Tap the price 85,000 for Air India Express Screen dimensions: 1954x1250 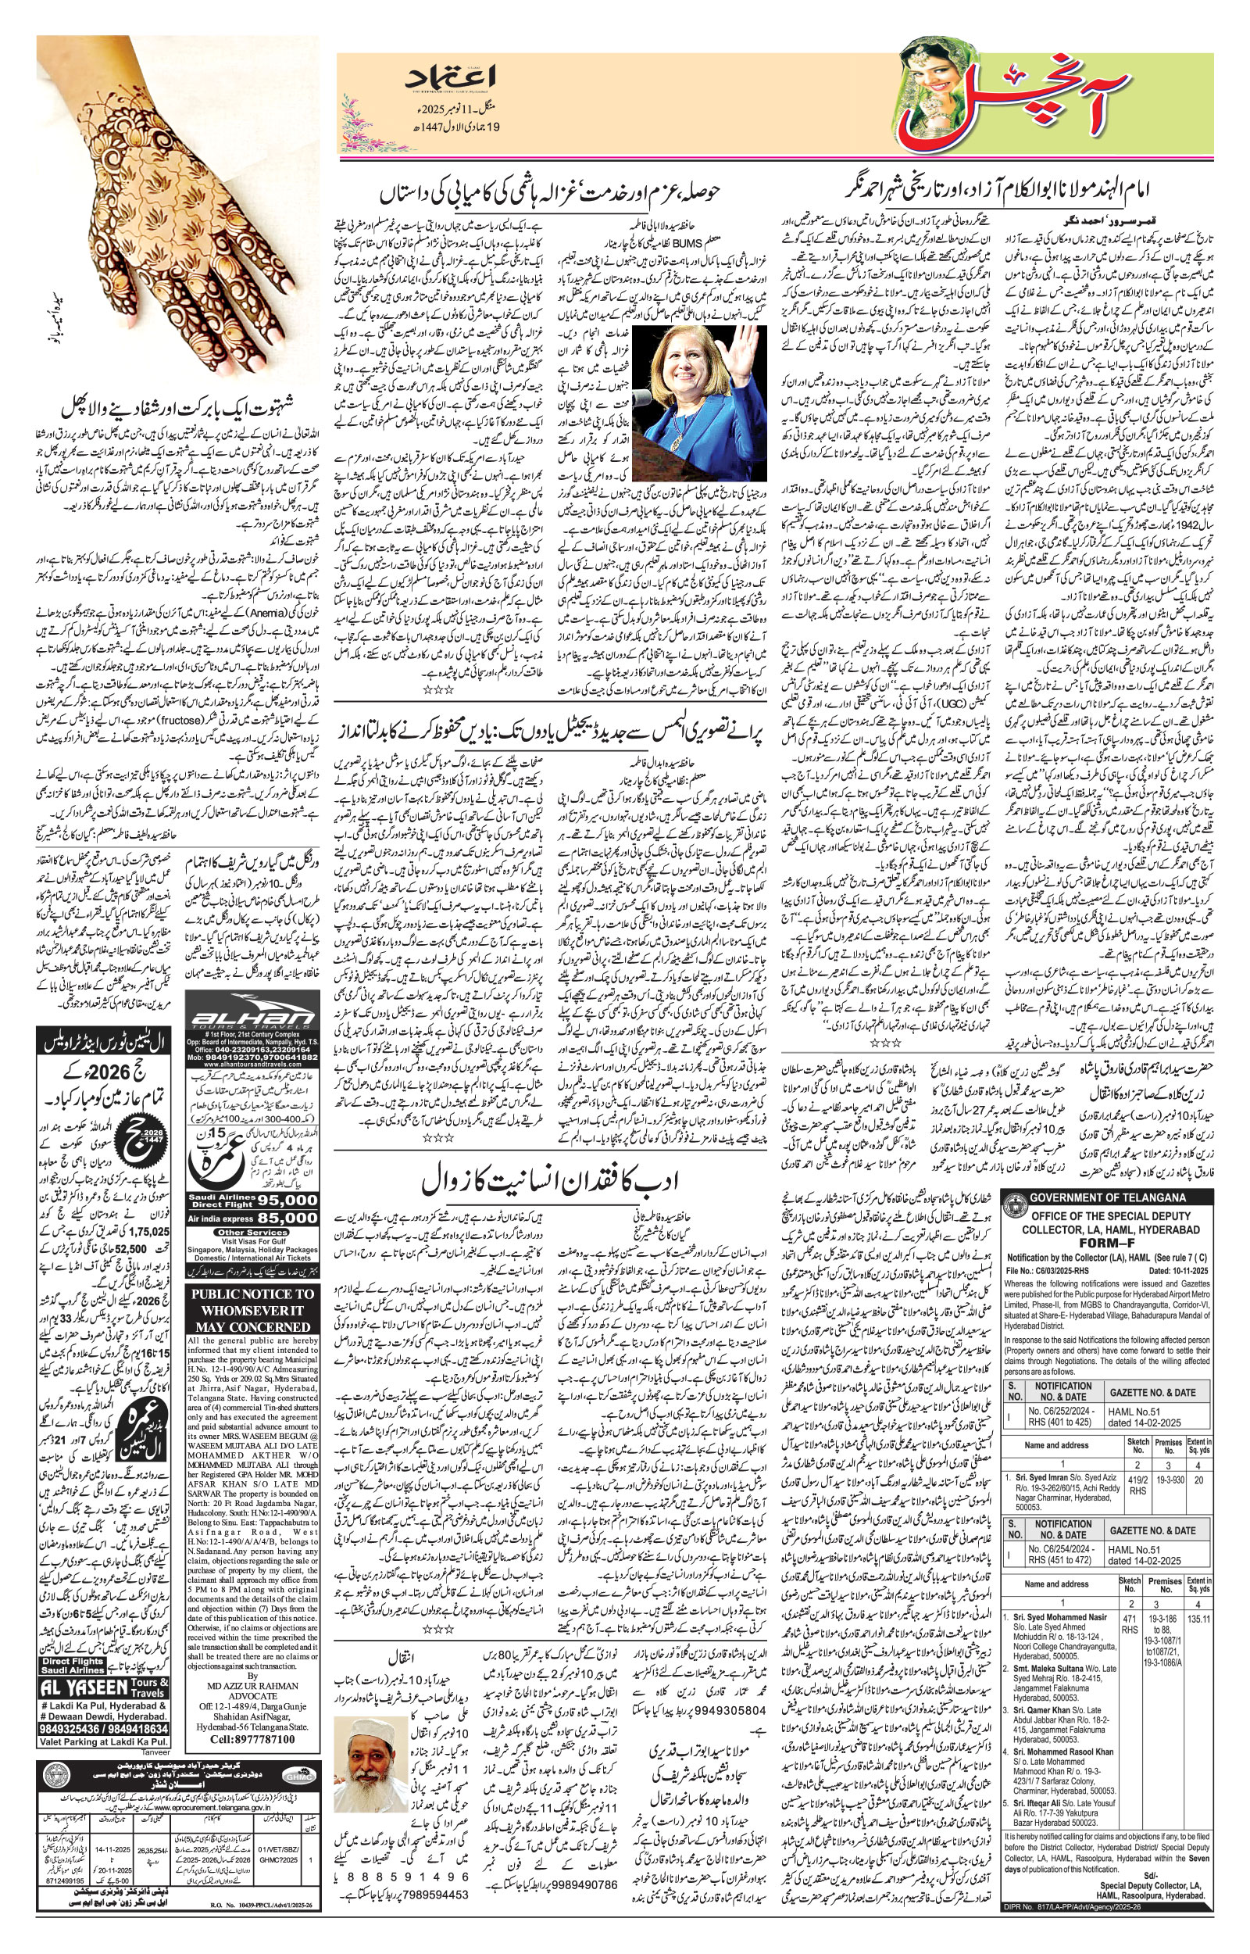(289, 1218)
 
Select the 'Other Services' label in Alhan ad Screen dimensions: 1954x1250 (252, 1233)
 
